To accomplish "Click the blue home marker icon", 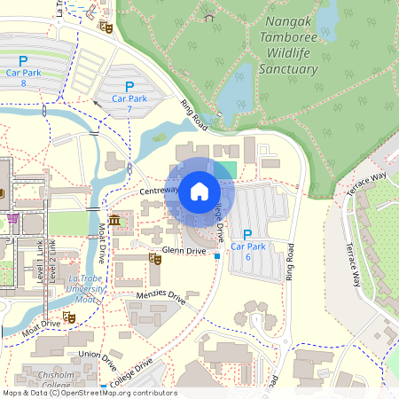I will (x=199, y=191).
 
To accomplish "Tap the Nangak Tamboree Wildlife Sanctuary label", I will (x=287, y=52).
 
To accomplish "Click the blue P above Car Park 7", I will (x=129, y=86).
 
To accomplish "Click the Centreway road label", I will (x=159, y=190).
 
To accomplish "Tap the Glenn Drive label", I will (x=184, y=251).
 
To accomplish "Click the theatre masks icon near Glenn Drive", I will (x=153, y=258).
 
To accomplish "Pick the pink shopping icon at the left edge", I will (x=12, y=217).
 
